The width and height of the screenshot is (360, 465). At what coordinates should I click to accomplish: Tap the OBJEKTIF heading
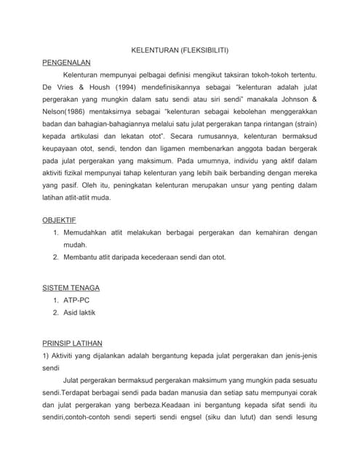(x=60, y=219)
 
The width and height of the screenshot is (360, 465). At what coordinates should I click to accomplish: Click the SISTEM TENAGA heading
(x=71, y=288)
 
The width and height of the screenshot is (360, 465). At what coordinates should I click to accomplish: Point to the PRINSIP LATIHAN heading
(x=72, y=343)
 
